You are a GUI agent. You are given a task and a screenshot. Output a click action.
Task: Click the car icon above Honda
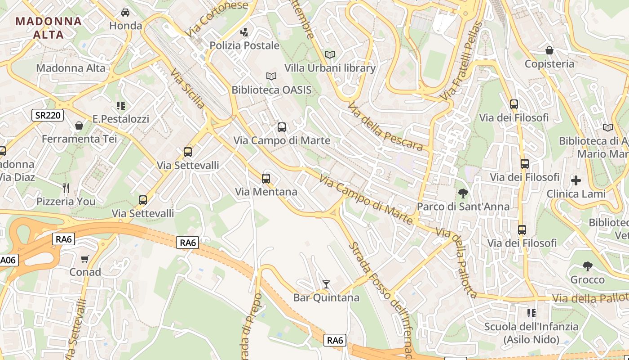pos(125,12)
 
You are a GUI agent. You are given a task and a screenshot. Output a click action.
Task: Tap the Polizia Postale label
pos(244,45)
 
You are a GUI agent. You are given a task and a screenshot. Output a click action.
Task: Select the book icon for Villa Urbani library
pos(330,54)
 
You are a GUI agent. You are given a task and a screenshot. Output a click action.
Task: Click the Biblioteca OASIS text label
pos(271,90)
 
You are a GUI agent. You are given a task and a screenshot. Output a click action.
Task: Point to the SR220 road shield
pos(48,115)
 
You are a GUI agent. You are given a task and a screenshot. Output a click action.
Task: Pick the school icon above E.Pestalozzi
pos(120,106)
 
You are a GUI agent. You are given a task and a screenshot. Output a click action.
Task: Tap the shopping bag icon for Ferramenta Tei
pos(79,126)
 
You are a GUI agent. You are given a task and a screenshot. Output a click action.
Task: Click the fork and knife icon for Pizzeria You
pos(66,188)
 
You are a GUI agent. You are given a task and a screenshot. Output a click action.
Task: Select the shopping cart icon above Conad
pos(84,259)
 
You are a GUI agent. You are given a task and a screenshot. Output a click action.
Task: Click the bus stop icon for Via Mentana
pos(266,179)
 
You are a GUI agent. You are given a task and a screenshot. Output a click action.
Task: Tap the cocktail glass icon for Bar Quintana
pos(326,284)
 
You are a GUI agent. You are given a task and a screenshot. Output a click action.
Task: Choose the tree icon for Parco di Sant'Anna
pos(463,193)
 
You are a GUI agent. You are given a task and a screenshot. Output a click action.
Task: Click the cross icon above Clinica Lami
pos(576,180)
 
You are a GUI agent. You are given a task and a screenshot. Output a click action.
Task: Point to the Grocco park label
pos(587,280)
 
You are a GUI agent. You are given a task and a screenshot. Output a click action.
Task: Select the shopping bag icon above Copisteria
pos(549,50)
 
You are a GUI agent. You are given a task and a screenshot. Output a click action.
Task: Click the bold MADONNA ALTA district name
pos(49,27)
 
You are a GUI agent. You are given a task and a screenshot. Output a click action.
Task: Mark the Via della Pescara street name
pos(385,126)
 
